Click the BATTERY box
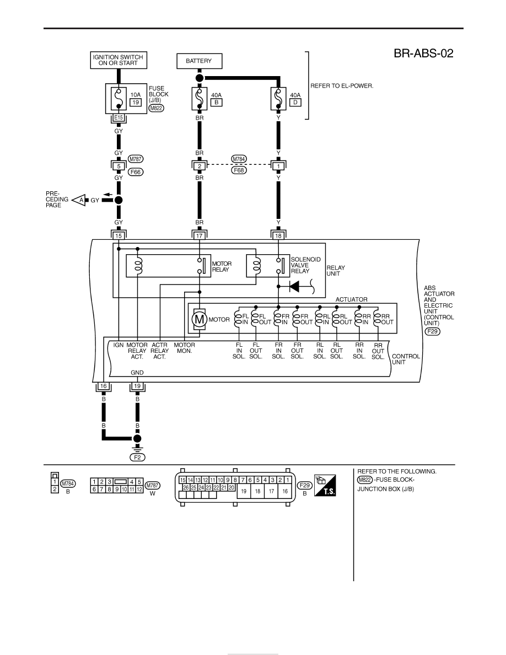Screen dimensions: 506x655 coord(199,61)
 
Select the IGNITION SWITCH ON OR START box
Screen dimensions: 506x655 coord(118,60)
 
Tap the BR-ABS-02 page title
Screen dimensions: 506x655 coord(423,53)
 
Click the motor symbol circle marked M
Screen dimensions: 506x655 coord(199,320)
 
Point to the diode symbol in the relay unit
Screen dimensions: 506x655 coord(294,287)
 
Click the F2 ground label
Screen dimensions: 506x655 coord(137,458)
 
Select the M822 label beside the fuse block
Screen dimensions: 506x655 coord(156,108)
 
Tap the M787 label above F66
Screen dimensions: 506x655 coord(136,159)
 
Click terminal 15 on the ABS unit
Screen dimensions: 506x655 coord(119,235)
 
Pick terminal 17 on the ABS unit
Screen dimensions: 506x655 coord(200,235)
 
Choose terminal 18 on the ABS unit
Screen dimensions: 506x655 coord(278,235)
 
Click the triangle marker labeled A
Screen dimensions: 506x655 coord(79,200)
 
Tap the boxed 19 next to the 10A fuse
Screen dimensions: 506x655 coord(136,103)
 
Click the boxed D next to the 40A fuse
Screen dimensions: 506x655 coord(295,103)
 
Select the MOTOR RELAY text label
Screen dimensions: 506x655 coord(222,266)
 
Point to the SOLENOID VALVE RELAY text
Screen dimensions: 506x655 coord(305,265)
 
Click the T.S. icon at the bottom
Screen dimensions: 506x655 coord(325,485)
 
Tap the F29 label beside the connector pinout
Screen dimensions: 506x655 coord(305,485)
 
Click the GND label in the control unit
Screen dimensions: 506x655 coord(137,373)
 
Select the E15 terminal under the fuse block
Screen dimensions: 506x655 coord(119,118)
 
